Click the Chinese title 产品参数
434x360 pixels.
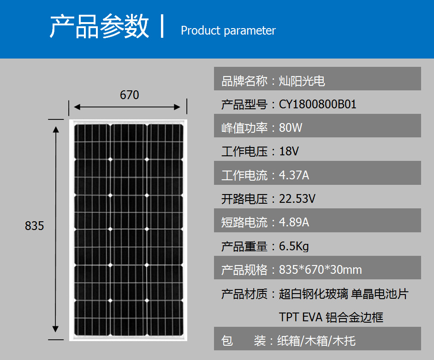99,26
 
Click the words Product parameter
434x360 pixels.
228,30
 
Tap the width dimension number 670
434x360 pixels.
129,95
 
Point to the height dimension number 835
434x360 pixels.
34,226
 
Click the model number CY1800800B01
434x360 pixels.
317,104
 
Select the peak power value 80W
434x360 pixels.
291,128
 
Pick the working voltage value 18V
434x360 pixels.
289,151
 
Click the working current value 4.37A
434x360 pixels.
294,175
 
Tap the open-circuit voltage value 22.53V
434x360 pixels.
297,199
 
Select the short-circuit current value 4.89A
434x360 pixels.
294,222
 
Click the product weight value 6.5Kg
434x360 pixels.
294,246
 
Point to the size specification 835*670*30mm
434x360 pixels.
320,270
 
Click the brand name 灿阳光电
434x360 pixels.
302,81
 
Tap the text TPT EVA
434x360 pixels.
301,317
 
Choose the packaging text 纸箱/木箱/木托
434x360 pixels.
316,341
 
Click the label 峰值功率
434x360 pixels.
244,128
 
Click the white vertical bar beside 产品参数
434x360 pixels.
162,26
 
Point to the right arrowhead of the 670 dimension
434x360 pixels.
177,107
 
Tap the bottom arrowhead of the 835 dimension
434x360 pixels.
56,329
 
